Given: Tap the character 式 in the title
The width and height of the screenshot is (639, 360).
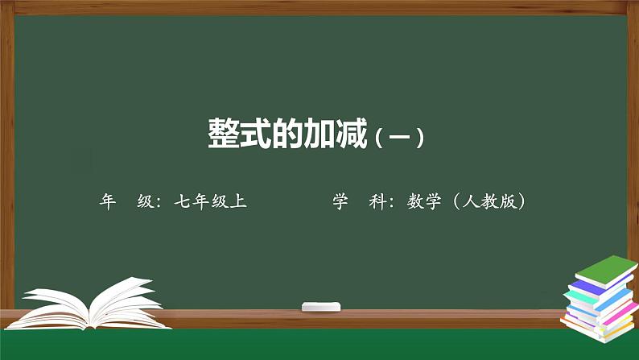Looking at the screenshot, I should coord(259,133).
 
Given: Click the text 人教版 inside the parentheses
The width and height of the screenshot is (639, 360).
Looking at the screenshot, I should coord(489,202).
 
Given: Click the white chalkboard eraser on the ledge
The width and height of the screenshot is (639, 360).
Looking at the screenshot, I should coord(321,306).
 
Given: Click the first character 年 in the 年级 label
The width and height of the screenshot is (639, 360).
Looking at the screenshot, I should coord(108,202).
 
